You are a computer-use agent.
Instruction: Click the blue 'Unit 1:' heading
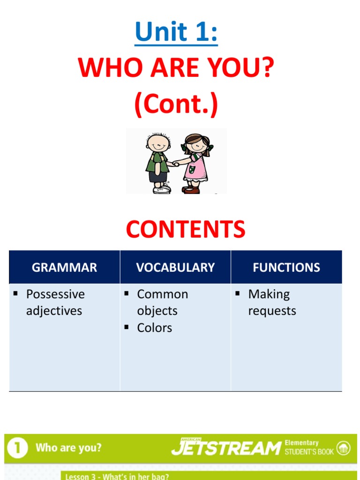point(176,32)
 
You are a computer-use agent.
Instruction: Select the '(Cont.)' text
point(176,105)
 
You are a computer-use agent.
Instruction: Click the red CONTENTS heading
point(186,229)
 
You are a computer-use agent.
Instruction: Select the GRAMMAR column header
point(64,268)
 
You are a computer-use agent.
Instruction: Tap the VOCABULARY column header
point(175,268)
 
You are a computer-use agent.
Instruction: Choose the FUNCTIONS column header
point(286,268)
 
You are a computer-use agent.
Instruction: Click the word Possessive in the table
point(55,294)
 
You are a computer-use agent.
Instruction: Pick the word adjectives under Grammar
point(54,311)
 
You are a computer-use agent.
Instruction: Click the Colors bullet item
point(154,328)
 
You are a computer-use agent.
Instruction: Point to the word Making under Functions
point(269,294)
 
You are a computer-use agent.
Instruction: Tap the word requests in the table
point(272,311)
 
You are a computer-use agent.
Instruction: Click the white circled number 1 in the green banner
point(17,448)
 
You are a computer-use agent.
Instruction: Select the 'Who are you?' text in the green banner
point(68,448)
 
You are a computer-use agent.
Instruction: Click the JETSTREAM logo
point(225,448)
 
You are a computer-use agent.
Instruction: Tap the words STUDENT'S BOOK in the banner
point(309,452)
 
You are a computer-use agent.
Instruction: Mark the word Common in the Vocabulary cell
point(162,294)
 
